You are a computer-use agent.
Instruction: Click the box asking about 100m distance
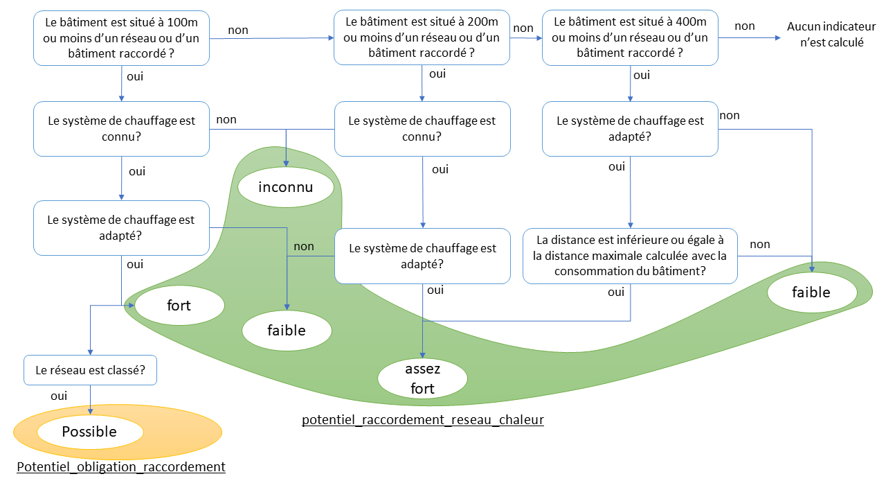click(121, 37)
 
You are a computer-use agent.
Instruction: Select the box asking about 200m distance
click(422, 37)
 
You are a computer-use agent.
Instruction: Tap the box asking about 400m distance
click(629, 37)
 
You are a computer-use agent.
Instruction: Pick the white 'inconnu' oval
click(286, 187)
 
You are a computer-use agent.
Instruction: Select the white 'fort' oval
click(179, 305)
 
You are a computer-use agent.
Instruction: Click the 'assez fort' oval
click(422, 378)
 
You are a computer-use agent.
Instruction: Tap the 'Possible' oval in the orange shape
click(90, 432)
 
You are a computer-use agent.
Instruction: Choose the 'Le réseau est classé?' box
click(90, 370)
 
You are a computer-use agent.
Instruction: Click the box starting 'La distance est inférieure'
click(629, 256)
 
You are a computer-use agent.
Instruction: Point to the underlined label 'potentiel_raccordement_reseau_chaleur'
click(422, 420)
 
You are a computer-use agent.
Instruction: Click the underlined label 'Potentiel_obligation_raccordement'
click(121, 467)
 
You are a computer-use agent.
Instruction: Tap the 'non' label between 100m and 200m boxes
click(238, 30)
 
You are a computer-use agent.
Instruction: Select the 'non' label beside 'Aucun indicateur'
click(745, 26)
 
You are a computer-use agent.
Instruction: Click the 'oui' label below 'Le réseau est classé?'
click(59, 396)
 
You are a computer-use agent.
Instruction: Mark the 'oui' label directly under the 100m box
click(135, 76)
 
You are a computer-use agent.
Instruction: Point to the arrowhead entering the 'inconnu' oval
click(287, 164)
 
